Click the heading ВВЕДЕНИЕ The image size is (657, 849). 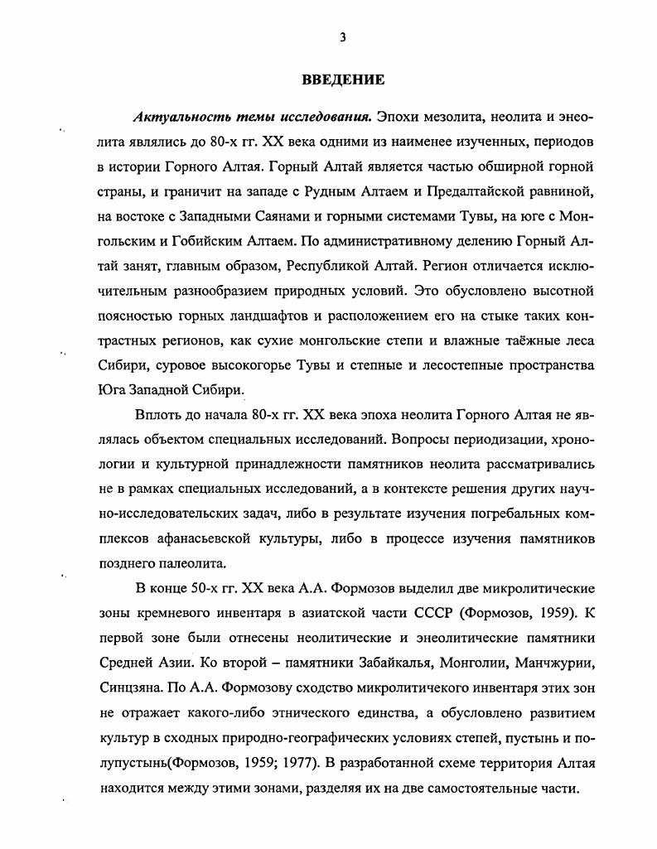(x=341, y=80)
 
